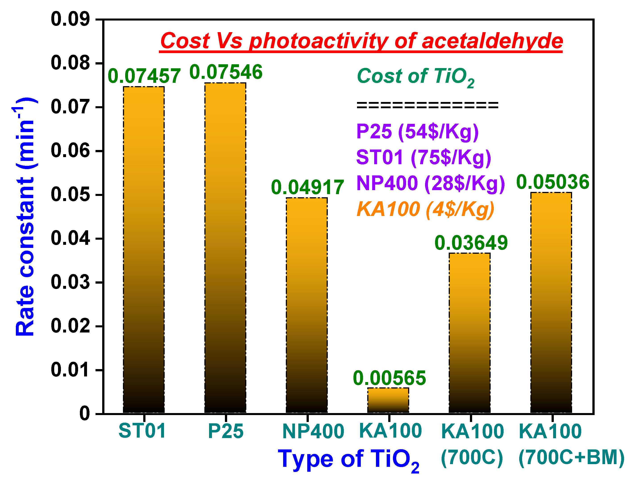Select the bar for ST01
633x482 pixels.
144,250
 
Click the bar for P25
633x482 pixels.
225,248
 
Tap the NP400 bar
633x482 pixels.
307,305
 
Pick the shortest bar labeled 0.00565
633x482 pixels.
388,401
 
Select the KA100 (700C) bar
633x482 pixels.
469,333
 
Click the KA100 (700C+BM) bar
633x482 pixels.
551,303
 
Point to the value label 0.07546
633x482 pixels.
226,72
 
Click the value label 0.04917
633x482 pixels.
307,187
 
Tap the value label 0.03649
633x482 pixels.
471,243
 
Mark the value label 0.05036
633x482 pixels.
553,182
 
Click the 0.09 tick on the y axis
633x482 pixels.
70,19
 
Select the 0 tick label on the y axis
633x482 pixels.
85,414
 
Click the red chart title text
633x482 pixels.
361,41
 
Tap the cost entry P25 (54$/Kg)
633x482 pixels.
417,132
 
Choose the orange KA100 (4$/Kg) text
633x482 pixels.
425,209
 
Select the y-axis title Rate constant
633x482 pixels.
25,217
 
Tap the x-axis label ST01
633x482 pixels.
142,431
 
